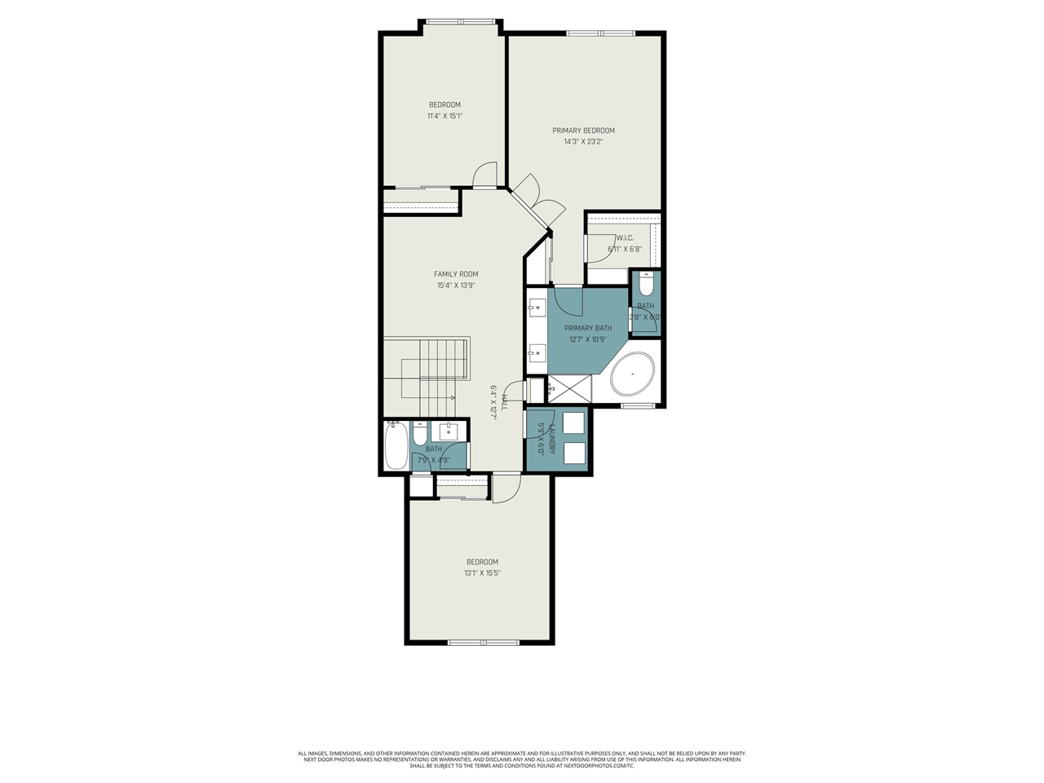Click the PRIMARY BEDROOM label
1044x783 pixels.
click(583, 130)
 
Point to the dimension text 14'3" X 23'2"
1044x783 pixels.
click(583, 142)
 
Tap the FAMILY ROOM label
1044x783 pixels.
click(456, 274)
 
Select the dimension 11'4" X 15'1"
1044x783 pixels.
click(445, 116)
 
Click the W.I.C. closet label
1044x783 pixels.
click(625, 238)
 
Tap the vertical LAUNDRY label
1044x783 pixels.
click(552, 440)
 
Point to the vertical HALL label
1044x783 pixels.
click(505, 402)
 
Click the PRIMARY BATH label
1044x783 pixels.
click(587, 328)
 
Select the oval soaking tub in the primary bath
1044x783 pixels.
click(633, 376)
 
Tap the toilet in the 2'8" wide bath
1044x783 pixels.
click(646, 285)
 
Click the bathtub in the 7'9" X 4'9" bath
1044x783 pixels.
click(396, 445)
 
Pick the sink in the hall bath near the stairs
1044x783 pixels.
click(449, 431)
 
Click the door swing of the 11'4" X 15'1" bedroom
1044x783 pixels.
click(485, 174)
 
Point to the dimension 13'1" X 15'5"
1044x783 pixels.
click(482, 573)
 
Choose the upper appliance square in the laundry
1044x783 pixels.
click(573, 423)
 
